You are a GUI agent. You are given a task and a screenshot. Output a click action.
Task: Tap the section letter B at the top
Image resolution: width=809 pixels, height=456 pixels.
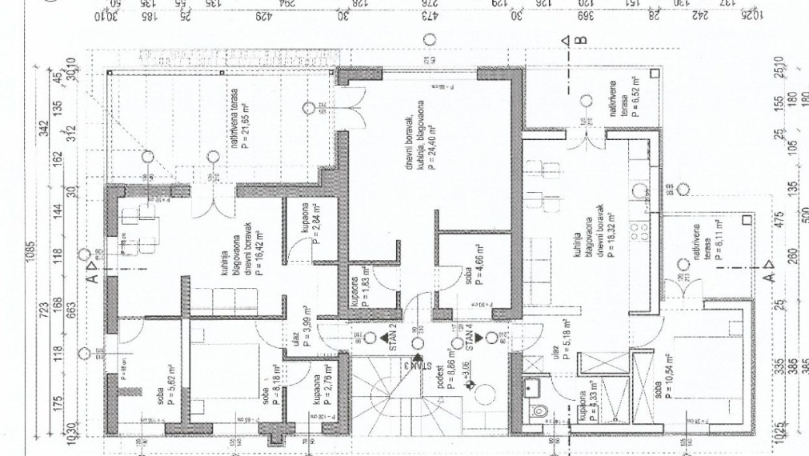pyautogui.click(x=582, y=39)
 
